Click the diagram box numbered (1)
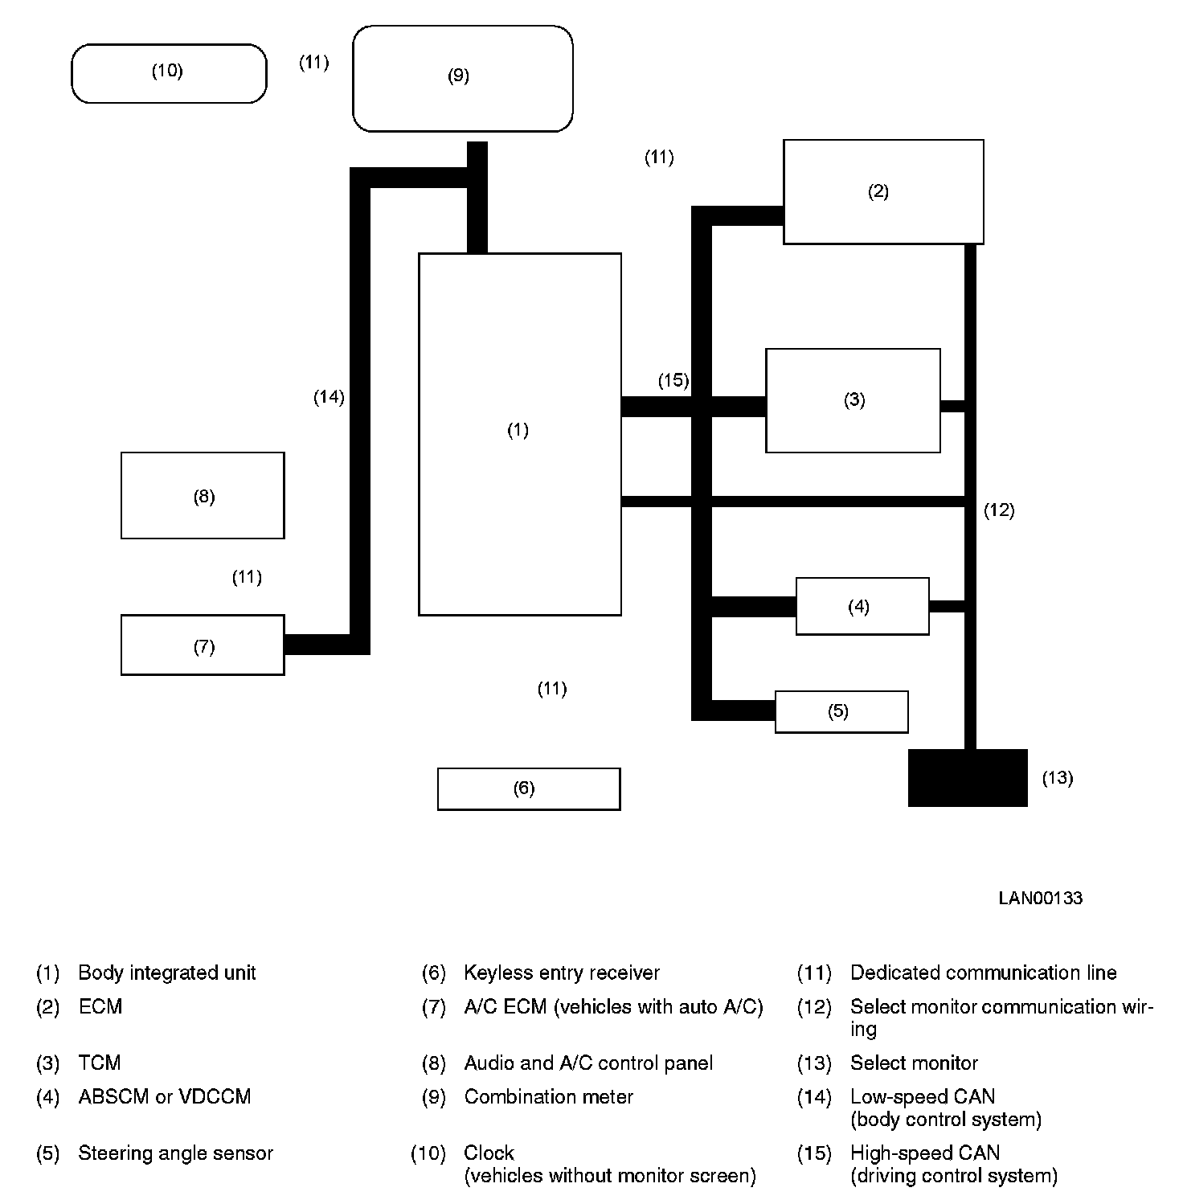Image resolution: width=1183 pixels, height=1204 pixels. (x=519, y=434)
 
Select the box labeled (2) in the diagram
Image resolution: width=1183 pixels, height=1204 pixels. (x=882, y=191)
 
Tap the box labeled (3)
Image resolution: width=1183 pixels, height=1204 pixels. (x=853, y=400)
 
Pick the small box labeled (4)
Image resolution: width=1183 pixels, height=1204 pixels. (x=862, y=606)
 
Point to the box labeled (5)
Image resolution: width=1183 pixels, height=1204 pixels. (x=841, y=711)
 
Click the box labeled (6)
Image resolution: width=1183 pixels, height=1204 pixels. (x=528, y=788)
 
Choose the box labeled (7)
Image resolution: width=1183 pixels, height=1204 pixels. (x=203, y=645)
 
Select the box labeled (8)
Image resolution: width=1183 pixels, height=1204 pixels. (x=203, y=496)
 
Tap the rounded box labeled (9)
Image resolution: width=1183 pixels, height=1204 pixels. (x=462, y=78)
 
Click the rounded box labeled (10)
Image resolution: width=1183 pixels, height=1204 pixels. (x=169, y=73)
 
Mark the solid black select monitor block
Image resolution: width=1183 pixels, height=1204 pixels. (x=968, y=777)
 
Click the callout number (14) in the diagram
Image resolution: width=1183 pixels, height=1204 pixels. (x=329, y=397)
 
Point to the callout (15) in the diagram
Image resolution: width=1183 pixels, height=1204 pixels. (x=673, y=380)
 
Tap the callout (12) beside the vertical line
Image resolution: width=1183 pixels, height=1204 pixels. (x=999, y=510)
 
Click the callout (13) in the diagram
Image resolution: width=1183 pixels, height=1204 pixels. (x=1057, y=778)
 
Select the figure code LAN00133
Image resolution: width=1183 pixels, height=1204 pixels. (x=1040, y=898)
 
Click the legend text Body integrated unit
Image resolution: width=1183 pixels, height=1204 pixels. (x=166, y=973)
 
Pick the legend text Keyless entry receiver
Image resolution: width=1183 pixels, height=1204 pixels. (x=561, y=973)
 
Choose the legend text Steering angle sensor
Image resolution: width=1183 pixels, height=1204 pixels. (x=175, y=1153)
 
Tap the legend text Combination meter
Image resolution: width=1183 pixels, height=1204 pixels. (x=548, y=1097)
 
